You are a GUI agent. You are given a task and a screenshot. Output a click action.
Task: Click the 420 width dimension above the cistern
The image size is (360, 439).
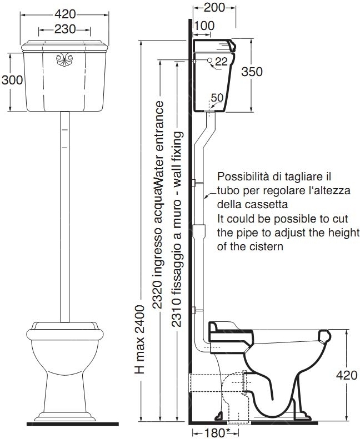(65, 14)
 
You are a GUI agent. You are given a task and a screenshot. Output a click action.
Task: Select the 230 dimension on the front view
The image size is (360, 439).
(65, 29)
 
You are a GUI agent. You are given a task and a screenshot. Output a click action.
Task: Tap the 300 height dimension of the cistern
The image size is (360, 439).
(12, 80)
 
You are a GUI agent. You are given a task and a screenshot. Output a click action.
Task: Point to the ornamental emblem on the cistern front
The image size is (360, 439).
(64, 59)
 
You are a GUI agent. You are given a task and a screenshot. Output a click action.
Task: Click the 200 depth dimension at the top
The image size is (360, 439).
(214, 8)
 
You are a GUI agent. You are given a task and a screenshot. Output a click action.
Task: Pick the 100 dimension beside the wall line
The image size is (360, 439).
(204, 26)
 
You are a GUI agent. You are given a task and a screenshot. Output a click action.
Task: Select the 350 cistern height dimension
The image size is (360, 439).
(252, 72)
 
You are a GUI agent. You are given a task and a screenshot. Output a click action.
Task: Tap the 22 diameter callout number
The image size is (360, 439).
(221, 61)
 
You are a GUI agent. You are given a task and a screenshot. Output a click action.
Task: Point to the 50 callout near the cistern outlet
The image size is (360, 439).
(217, 98)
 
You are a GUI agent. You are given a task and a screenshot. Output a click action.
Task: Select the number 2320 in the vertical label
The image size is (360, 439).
(157, 295)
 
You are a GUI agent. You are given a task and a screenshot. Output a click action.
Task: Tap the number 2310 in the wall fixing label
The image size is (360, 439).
(177, 312)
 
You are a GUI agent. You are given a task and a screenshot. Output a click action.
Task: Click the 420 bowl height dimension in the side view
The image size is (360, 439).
(347, 375)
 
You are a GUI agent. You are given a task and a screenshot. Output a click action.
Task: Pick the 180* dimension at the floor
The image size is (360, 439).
(216, 433)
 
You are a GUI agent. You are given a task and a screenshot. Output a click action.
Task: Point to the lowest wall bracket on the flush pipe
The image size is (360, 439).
(198, 310)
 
